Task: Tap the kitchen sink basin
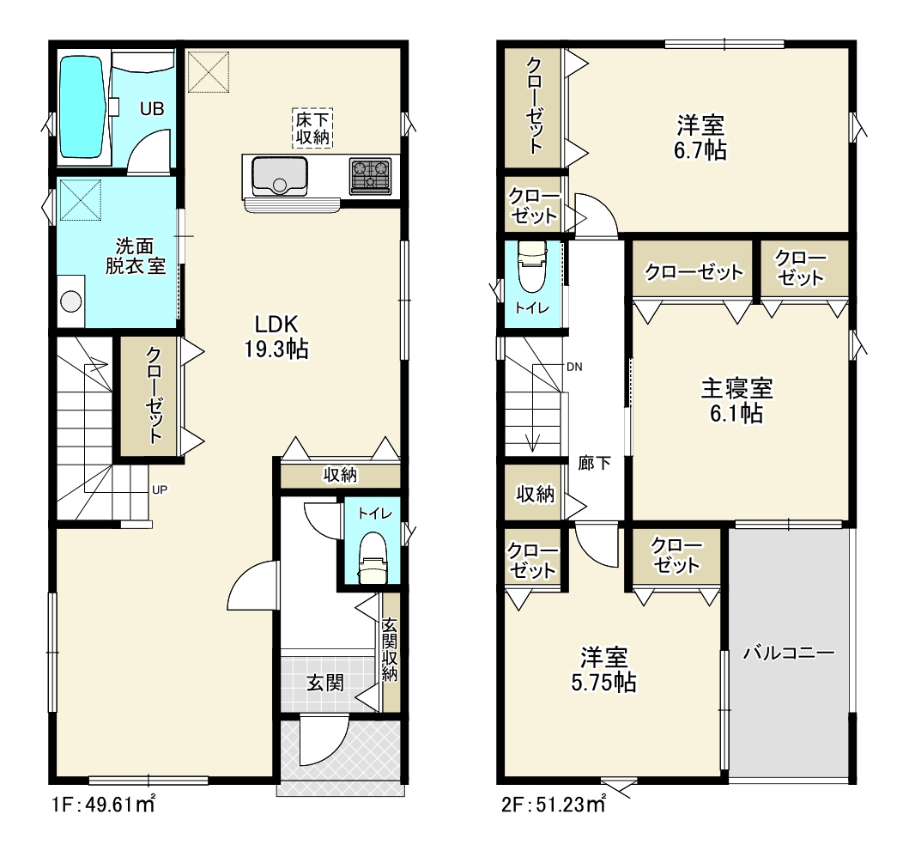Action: pos(280,176)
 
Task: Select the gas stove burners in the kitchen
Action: pos(370,175)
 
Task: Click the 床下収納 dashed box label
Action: pos(312,128)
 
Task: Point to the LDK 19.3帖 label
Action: pos(276,337)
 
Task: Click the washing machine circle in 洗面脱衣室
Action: pos(71,301)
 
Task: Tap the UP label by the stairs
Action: pos(160,489)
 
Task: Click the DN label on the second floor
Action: pos(574,367)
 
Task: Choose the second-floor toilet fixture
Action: pos(532,266)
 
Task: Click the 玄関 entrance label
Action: pos(325,683)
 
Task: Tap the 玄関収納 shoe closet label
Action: pos(390,650)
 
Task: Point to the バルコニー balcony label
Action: pos(789,653)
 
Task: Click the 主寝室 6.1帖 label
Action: pos(736,401)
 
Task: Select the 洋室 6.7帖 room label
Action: pos(700,137)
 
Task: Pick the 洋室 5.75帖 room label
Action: pos(604,670)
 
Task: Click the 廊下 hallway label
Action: pos(594,463)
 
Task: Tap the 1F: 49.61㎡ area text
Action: pos(103,805)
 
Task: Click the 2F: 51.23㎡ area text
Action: pos(553,805)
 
